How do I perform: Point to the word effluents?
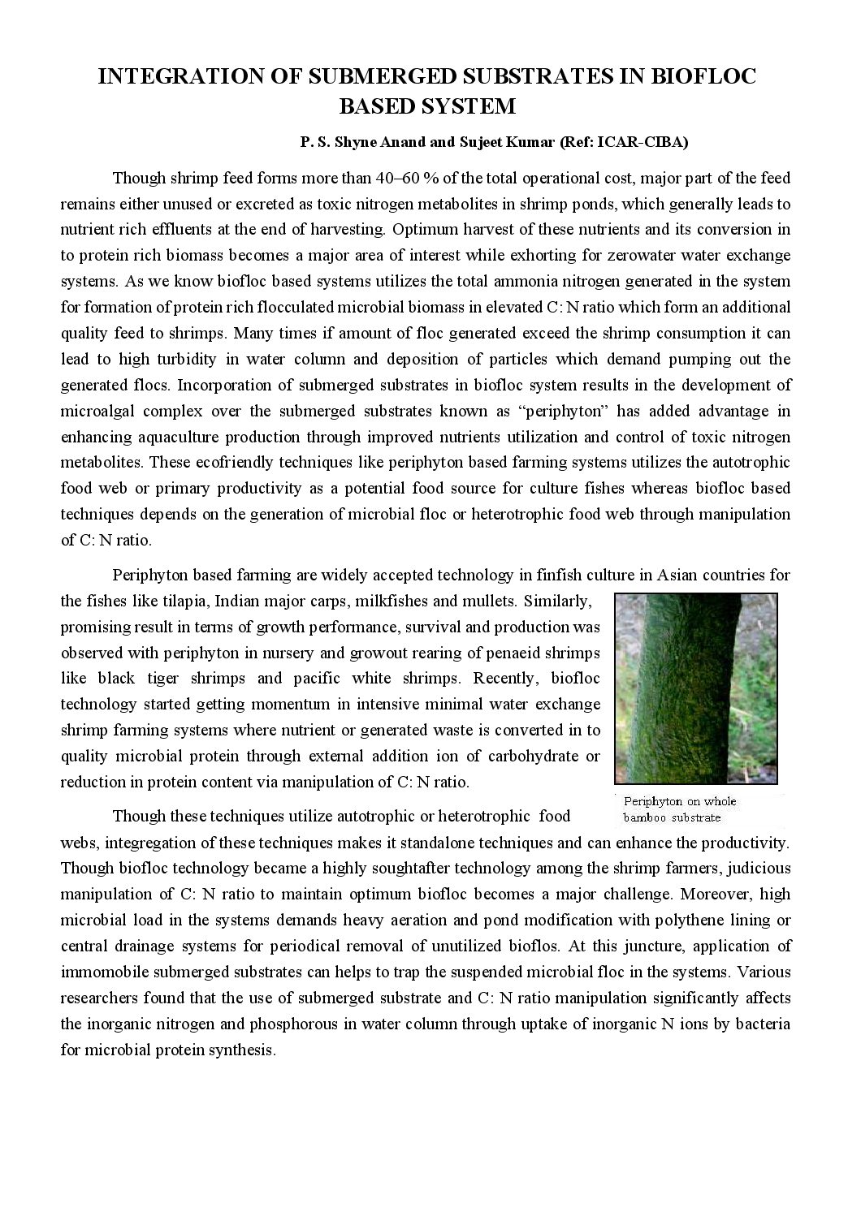click(180, 230)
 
